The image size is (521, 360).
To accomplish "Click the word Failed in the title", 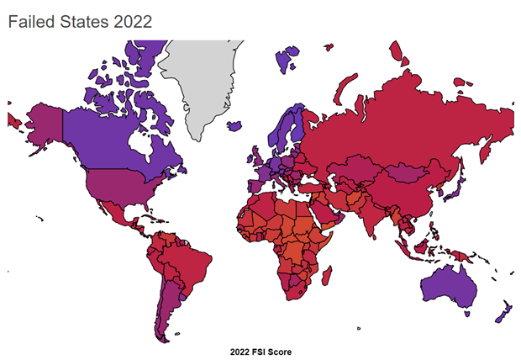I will coord(30,22).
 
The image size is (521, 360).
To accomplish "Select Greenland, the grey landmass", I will coord(202,84).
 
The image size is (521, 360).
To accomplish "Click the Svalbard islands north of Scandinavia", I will coord(287,59).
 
